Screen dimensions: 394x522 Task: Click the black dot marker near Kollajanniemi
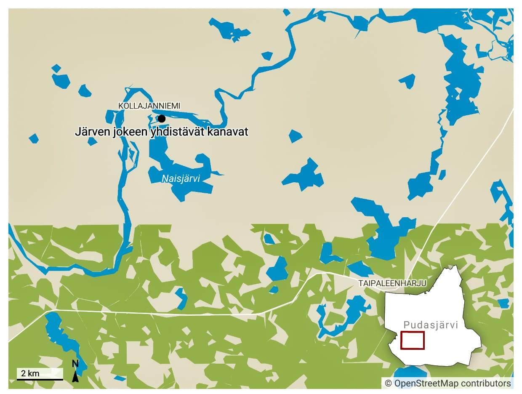(x=161, y=119)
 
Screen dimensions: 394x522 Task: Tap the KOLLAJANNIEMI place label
(x=149, y=106)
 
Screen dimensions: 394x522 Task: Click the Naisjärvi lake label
(x=181, y=179)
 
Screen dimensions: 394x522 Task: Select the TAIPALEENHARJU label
(x=392, y=284)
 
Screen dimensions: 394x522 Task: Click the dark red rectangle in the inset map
(x=412, y=341)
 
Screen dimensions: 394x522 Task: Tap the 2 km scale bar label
(x=30, y=373)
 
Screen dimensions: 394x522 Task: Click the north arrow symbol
(x=75, y=376)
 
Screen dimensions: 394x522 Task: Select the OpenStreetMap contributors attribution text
(x=447, y=383)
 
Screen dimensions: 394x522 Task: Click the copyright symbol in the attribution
(x=388, y=383)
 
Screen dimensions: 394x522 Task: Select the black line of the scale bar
(x=40, y=379)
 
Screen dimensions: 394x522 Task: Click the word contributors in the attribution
(x=486, y=383)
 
